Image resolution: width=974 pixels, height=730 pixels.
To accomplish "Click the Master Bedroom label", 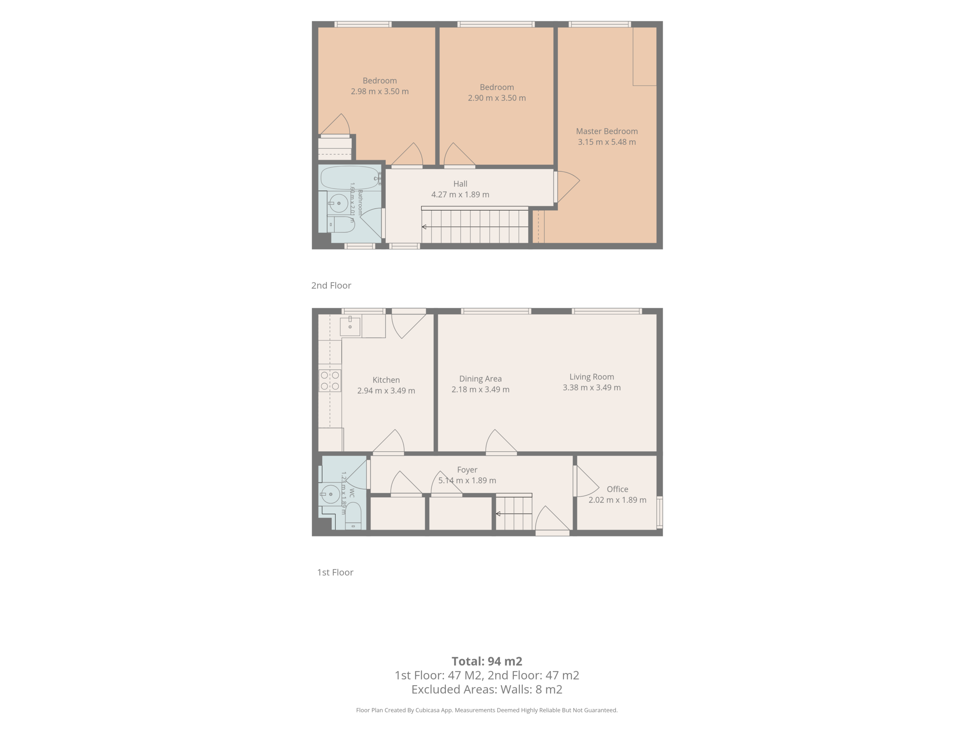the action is pyautogui.click(x=607, y=131).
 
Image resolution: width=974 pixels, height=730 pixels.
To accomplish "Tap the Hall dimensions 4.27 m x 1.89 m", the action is pyautogui.click(x=460, y=195).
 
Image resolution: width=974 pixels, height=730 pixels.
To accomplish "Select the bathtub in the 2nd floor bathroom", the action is pyautogui.click(x=350, y=178).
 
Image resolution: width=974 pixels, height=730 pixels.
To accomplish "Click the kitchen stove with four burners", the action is pyautogui.click(x=330, y=381).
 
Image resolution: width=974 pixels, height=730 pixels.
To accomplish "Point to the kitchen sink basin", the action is pyautogui.click(x=350, y=327).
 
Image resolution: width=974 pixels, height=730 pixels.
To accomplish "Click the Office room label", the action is pyautogui.click(x=618, y=489).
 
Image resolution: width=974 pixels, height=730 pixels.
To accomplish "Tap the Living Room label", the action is pyautogui.click(x=591, y=377).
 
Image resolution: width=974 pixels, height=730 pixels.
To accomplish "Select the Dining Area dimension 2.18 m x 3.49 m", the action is pyautogui.click(x=481, y=389).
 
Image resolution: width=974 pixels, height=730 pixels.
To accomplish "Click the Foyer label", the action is pyautogui.click(x=467, y=470).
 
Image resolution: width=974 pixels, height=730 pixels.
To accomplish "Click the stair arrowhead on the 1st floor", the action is pyautogui.click(x=498, y=514).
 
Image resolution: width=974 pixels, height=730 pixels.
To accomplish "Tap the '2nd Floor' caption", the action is pyautogui.click(x=331, y=286).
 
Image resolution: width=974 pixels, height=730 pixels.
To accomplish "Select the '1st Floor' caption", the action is pyautogui.click(x=335, y=573).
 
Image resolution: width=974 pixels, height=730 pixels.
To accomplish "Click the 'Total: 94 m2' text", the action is pyautogui.click(x=487, y=661).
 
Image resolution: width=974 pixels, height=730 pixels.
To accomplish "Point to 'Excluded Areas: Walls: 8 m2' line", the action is pyautogui.click(x=487, y=690).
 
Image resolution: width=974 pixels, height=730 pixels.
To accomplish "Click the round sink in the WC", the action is pyautogui.click(x=330, y=494).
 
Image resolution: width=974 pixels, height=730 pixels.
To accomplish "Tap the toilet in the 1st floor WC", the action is pyautogui.click(x=353, y=516).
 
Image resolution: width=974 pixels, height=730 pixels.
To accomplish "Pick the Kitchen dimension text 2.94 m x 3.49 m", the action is pyautogui.click(x=386, y=391).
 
